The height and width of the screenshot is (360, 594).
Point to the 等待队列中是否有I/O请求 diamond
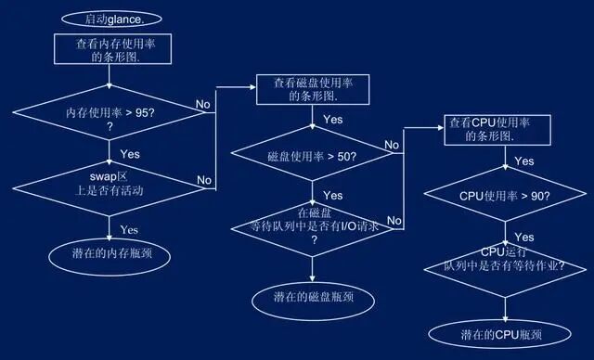312,225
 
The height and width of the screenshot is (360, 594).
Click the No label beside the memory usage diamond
203,105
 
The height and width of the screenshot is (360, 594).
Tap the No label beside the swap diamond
203,179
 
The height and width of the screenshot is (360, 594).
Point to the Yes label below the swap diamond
129,228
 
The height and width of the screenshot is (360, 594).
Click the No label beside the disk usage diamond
393,146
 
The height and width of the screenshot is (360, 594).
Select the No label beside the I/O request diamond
394,220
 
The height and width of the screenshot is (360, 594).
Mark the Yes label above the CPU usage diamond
523,161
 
